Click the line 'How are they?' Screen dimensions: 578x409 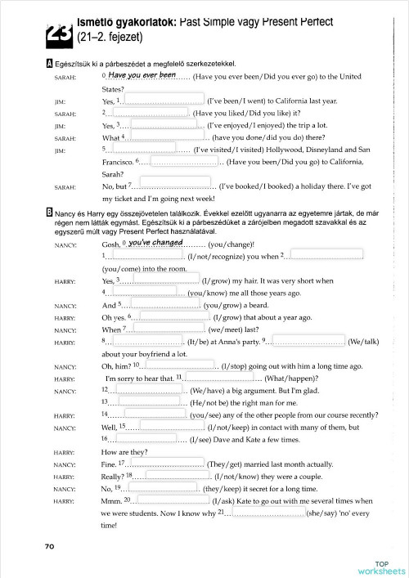tap(125, 451)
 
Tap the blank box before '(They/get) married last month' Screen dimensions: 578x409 tap(167, 463)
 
